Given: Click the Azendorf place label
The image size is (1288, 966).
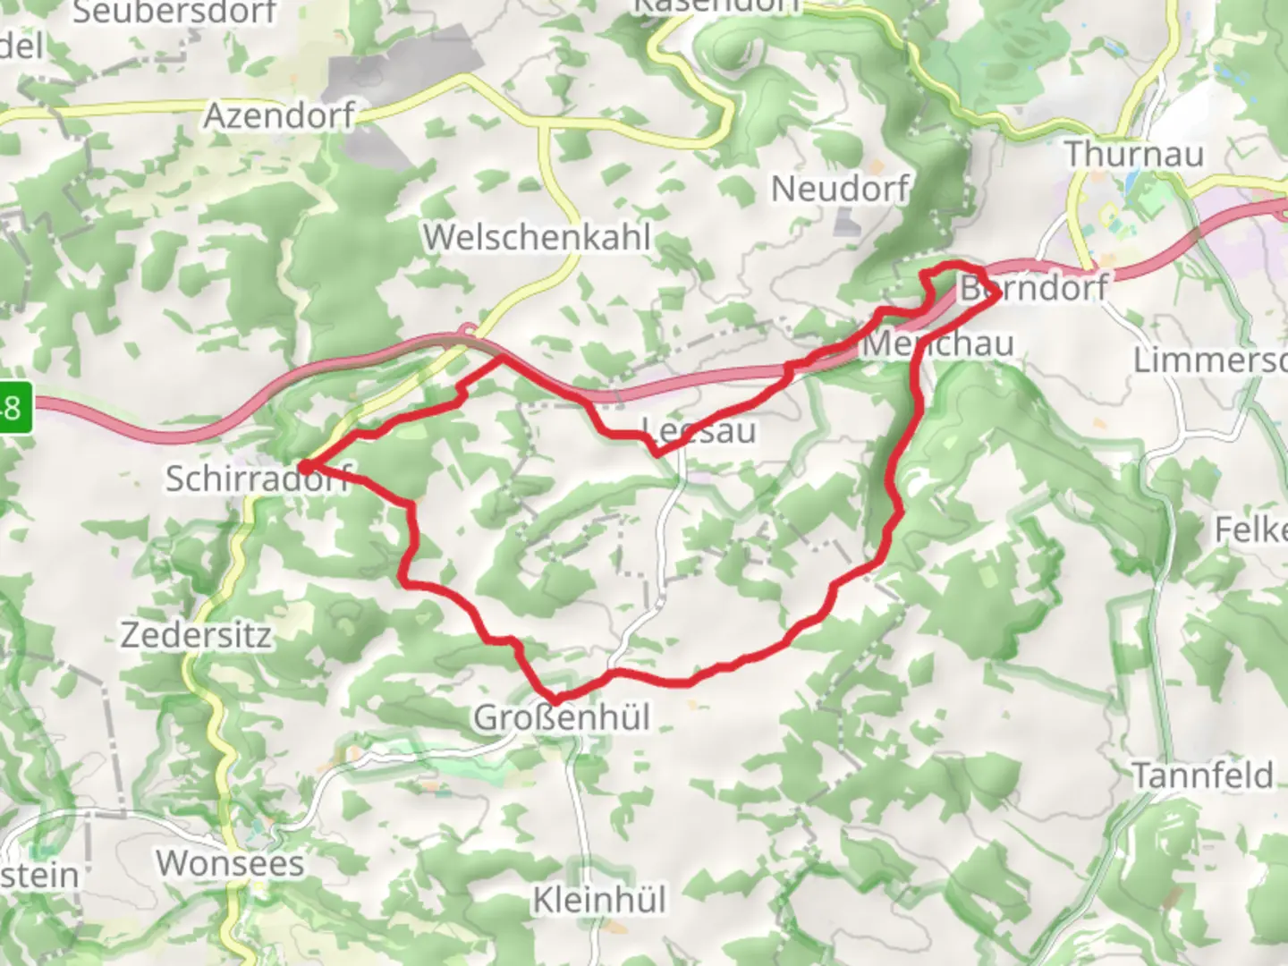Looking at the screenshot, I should click(279, 115).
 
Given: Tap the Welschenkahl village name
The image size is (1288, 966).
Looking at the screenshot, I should click(537, 237).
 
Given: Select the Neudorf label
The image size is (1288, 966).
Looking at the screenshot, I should click(840, 189).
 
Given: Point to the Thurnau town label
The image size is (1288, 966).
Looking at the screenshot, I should click(1134, 154).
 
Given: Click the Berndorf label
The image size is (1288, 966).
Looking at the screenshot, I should click(1033, 289).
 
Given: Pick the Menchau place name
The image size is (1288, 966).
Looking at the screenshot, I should click(939, 343).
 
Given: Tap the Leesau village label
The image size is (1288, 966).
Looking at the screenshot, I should click(699, 431).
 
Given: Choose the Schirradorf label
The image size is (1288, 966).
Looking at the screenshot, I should click(258, 479).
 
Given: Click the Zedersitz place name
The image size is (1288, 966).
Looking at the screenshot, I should click(196, 635).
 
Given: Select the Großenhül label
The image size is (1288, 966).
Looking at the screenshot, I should click(562, 717).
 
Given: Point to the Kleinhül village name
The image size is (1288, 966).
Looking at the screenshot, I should click(599, 900).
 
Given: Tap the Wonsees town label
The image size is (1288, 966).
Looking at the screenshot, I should click(230, 863).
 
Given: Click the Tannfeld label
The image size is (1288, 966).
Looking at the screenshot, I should click(1202, 775).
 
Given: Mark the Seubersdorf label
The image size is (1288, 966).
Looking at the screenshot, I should click(174, 13).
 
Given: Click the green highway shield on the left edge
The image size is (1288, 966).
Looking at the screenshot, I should click(15, 409).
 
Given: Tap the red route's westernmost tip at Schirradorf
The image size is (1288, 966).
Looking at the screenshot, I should click(304, 466).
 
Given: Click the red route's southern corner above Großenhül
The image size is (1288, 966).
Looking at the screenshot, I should click(556, 699).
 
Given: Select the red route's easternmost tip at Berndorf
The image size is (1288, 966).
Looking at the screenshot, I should click(996, 293).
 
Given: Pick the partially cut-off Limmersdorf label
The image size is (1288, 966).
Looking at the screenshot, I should click(1209, 360).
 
